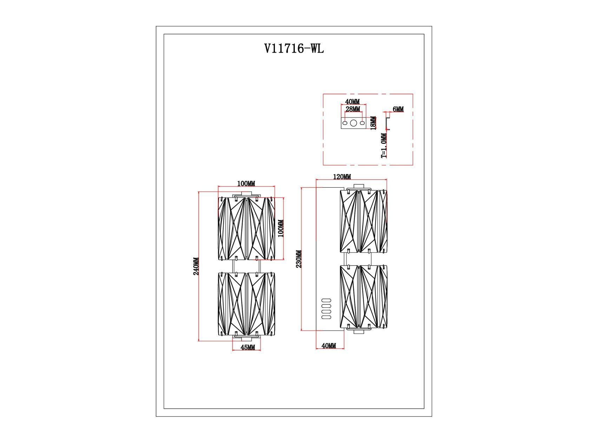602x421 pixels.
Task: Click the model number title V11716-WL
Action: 294,48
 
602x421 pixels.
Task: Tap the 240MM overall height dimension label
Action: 196,266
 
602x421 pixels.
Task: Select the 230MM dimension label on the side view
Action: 299,259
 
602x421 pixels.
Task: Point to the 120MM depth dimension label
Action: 342,176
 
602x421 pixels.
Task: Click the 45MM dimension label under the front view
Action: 248,347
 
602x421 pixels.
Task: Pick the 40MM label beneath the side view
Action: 329,346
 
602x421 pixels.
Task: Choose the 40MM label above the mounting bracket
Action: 352,102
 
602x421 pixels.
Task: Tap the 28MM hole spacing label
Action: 353,109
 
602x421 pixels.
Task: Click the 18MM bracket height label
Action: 373,123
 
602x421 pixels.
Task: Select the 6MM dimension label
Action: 398,109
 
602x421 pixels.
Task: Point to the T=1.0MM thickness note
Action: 384,146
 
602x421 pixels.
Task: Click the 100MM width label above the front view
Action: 246,183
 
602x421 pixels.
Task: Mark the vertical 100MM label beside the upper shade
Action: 281,228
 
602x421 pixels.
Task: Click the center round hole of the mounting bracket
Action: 353,123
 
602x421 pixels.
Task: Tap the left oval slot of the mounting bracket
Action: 345,123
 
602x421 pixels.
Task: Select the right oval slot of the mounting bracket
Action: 362,123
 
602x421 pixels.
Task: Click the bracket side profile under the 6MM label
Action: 388,123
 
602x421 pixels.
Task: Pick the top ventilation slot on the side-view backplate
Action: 326,300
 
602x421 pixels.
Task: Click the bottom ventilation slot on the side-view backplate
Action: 326,318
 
